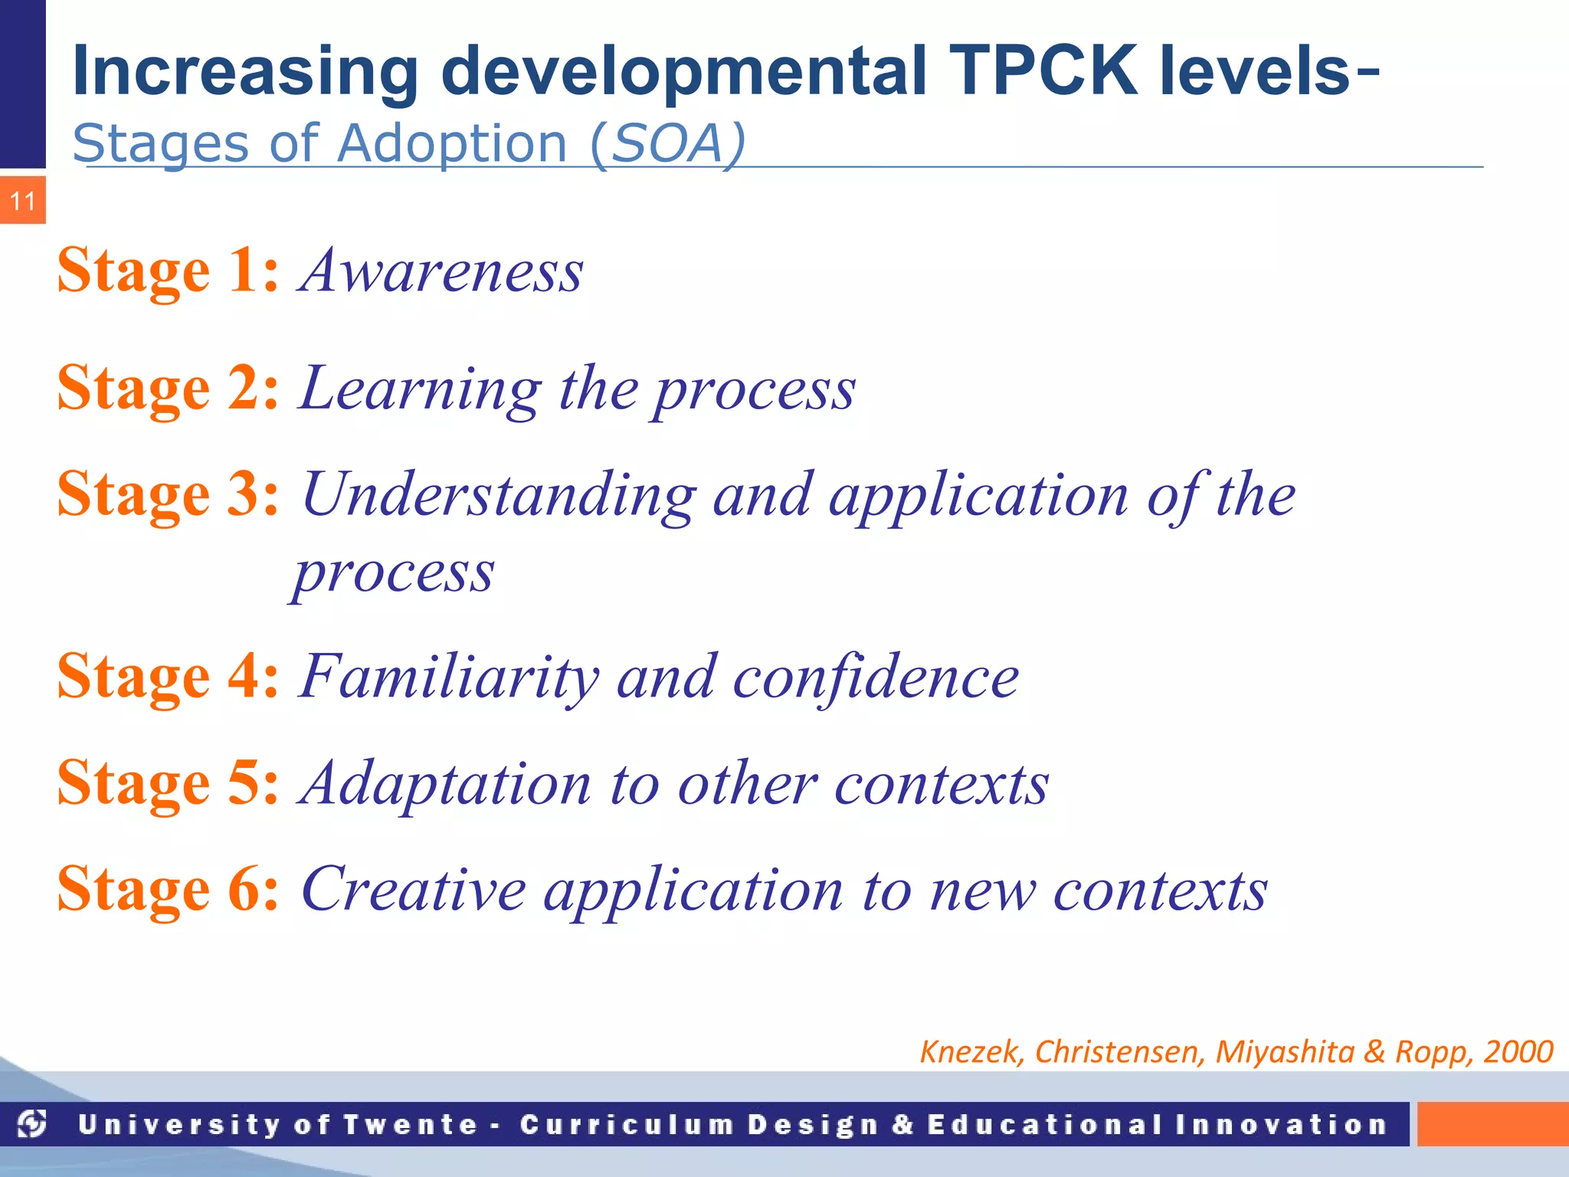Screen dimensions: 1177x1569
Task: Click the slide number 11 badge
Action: point(23,201)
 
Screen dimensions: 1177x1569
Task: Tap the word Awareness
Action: point(442,270)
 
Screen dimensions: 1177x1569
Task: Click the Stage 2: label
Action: point(169,388)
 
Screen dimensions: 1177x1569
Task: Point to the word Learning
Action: point(421,389)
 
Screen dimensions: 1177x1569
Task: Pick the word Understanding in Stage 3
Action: point(499,494)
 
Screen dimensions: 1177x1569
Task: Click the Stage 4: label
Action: point(169,676)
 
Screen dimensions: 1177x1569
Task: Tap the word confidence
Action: point(876,677)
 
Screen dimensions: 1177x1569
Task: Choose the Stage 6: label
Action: point(169,889)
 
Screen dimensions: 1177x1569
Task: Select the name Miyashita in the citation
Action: point(1285,1051)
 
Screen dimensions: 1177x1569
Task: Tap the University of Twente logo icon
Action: point(32,1124)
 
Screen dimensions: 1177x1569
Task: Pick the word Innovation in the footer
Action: point(1281,1124)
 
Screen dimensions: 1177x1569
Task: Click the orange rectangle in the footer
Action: point(1492,1124)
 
